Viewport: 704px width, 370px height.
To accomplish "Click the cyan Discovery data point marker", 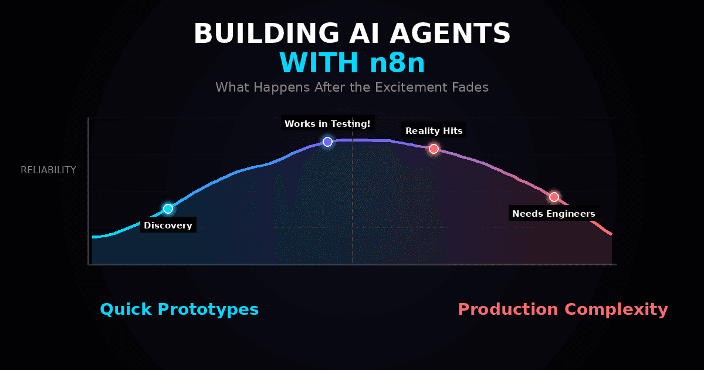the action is (x=168, y=208).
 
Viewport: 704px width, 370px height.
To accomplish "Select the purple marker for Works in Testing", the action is (x=327, y=142).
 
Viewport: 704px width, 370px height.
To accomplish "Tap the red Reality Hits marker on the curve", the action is (x=434, y=149).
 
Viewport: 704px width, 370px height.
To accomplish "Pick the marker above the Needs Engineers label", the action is (x=554, y=197).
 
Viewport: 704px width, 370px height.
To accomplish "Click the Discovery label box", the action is (x=168, y=226).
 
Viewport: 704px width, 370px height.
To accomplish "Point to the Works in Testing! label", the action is (x=327, y=124).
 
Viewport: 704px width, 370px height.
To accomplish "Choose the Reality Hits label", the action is (x=434, y=131).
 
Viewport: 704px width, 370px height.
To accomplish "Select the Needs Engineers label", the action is (x=554, y=214).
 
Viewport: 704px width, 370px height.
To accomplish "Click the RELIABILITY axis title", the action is (x=48, y=170).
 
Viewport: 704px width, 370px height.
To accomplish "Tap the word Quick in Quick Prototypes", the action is (x=125, y=310).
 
